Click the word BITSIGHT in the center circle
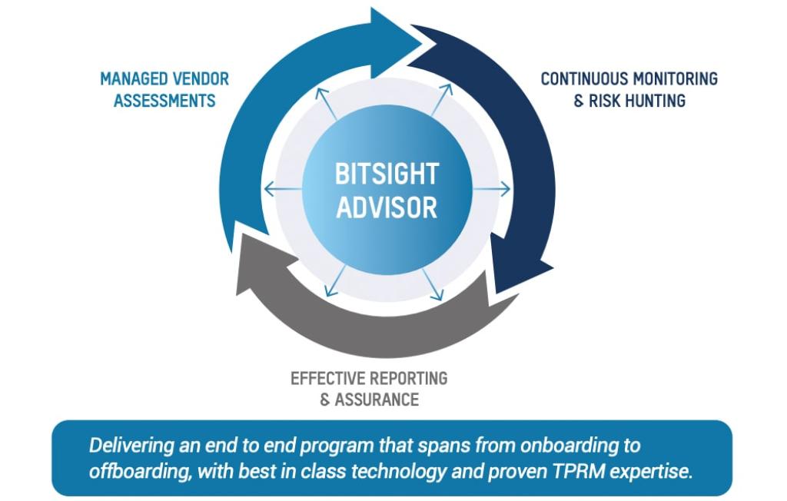coord(386,174)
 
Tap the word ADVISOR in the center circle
coord(386,207)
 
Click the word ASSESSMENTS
coord(164,101)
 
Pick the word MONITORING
coord(677,79)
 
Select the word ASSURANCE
coord(377,400)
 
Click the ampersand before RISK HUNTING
coord(579,101)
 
